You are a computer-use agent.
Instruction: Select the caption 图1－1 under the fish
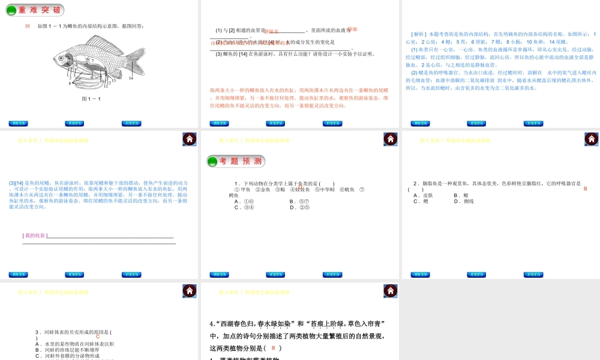91,99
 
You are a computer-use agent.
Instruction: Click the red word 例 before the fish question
28,26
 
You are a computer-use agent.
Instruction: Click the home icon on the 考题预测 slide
391,139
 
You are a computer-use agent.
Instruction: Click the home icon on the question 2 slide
591,139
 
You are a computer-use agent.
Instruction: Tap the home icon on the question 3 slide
190,291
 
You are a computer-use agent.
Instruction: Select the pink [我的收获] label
34,235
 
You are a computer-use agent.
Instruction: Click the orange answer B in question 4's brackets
273,348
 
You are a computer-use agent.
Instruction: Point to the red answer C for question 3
98,337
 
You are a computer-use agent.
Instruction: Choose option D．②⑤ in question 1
299,208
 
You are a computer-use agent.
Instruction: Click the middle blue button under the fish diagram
74,124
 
